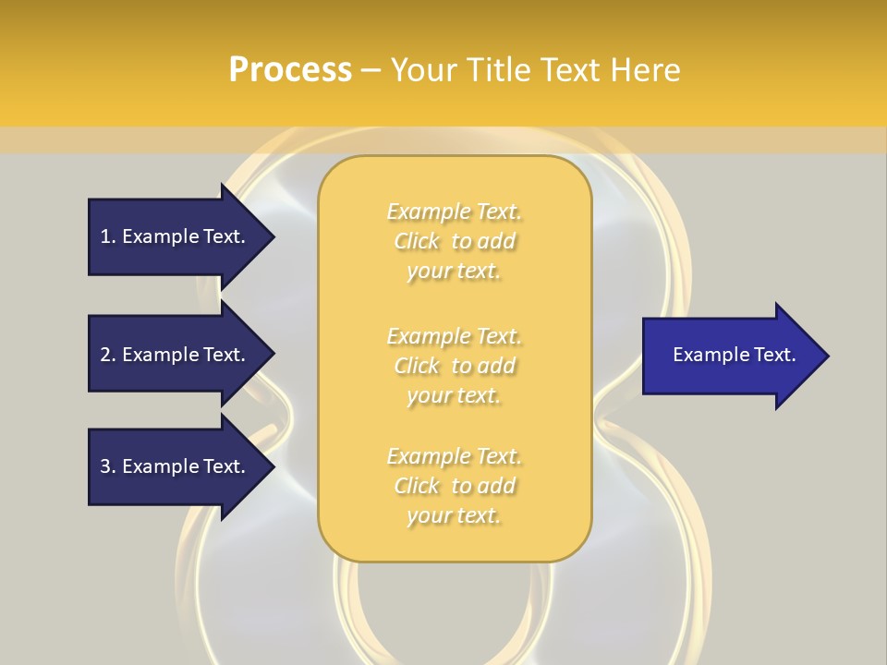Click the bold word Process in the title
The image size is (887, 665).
290,70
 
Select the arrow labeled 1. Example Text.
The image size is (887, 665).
176,236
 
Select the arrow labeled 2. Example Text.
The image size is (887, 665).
176,355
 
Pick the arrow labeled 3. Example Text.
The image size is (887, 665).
176,466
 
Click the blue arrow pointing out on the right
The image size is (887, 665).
730,356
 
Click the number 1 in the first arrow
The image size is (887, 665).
106,236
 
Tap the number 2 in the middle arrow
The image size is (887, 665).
106,355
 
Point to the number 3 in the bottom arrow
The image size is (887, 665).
106,466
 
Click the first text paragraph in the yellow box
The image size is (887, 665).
454,241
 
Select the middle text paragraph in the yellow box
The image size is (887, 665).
454,366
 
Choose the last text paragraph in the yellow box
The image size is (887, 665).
454,486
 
